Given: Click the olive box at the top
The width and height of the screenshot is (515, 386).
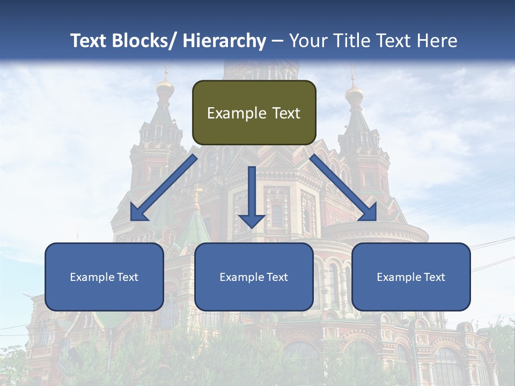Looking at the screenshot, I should tap(254, 113).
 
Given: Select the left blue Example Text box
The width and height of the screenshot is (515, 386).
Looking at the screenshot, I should tap(104, 277).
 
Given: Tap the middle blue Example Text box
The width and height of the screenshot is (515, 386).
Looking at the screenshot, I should tap(254, 277).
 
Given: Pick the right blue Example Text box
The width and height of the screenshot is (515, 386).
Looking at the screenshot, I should tap(411, 277).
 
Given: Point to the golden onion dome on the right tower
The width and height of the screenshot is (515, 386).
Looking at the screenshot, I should tap(354, 94).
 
